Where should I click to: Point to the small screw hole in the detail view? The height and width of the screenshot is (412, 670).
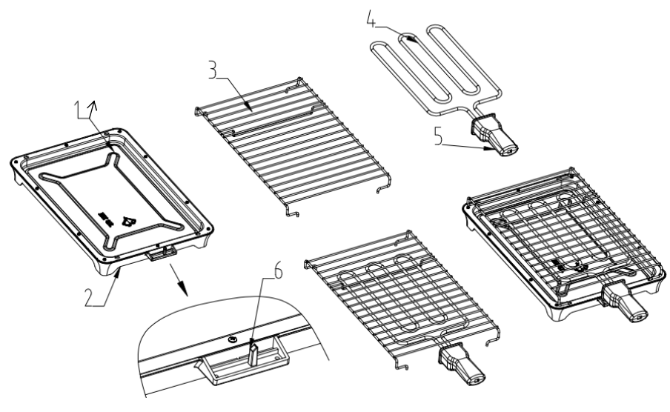[x=234, y=339]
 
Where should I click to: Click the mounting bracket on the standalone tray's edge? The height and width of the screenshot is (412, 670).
[x=162, y=253]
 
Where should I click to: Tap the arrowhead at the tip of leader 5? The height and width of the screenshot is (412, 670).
[x=490, y=149]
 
